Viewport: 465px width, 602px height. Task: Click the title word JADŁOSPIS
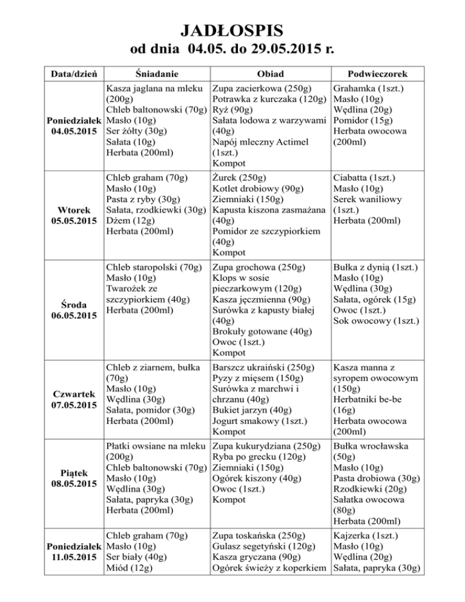pos(232,30)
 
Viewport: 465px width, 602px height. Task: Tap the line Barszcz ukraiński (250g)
pos(263,367)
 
